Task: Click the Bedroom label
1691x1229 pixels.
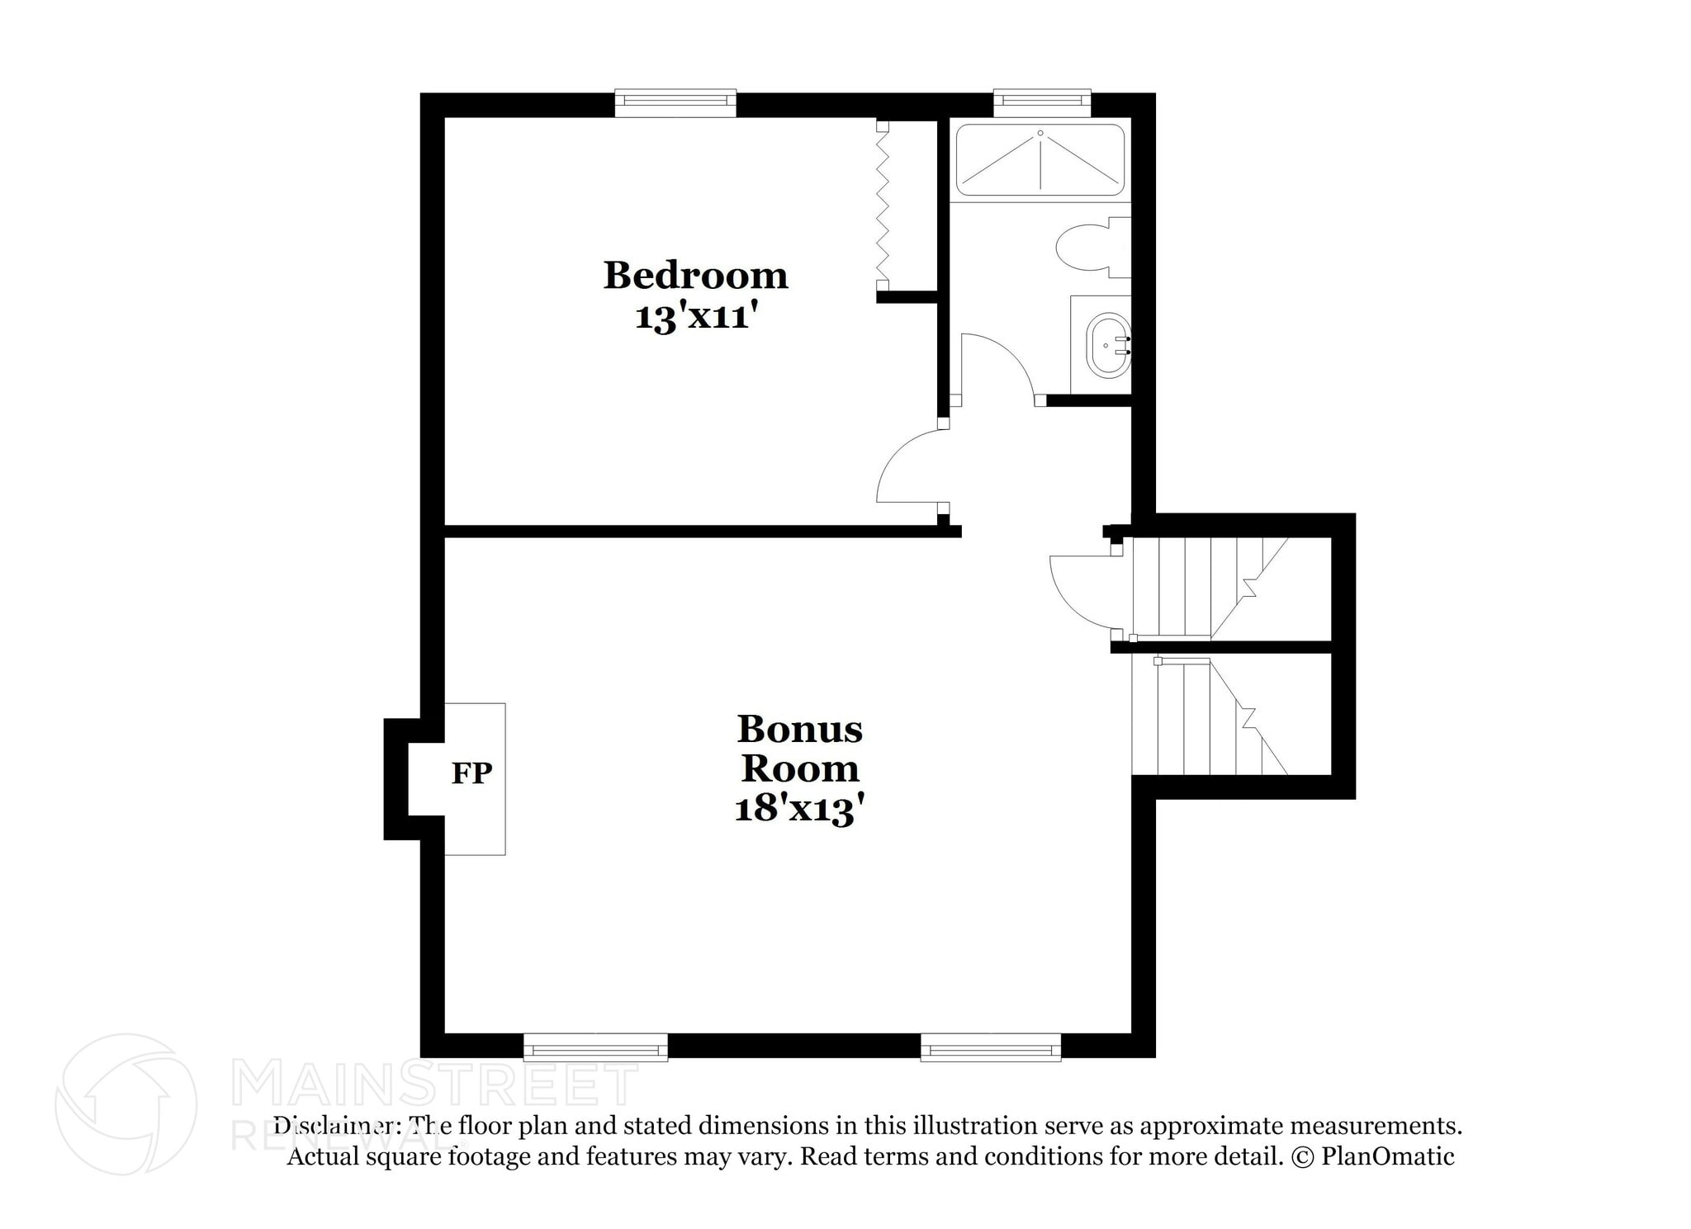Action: (x=695, y=276)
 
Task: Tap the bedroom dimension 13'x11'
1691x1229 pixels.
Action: (x=695, y=317)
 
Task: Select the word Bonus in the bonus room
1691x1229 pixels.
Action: (x=799, y=730)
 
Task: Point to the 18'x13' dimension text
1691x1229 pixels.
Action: (x=799, y=808)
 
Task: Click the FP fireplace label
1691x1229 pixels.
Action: (x=471, y=773)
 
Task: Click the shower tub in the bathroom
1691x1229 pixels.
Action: (x=1040, y=159)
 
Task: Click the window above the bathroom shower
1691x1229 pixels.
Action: (x=1041, y=101)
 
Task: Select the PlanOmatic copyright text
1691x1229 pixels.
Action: (x=1372, y=1156)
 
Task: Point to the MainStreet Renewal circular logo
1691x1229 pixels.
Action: (x=126, y=1104)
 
